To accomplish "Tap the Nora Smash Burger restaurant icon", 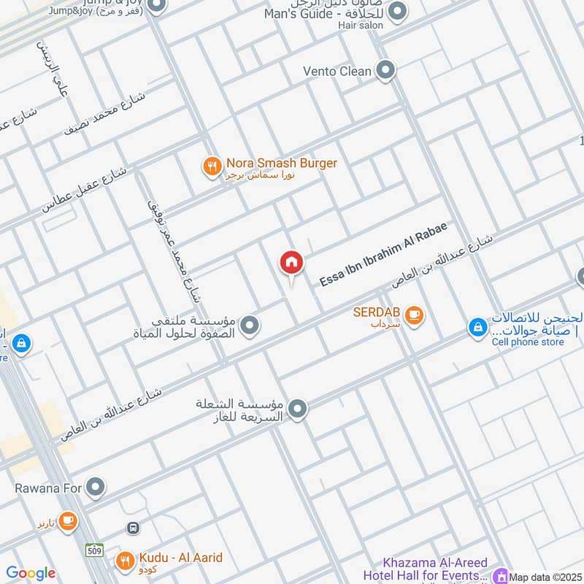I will point(212,167).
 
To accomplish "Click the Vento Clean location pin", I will point(386,71).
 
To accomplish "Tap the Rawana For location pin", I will point(95,486).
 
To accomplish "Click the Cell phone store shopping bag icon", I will point(477,328).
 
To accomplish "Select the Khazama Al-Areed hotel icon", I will point(501,577).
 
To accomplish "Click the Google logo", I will point(31,573).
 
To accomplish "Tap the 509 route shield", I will point(93,548).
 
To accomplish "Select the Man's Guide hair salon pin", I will point(397,12).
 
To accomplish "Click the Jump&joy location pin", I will point(155,6).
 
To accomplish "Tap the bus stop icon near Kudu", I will point(133,527).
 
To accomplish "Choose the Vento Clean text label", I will point(337,71).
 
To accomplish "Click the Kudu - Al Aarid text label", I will point(180,558).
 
